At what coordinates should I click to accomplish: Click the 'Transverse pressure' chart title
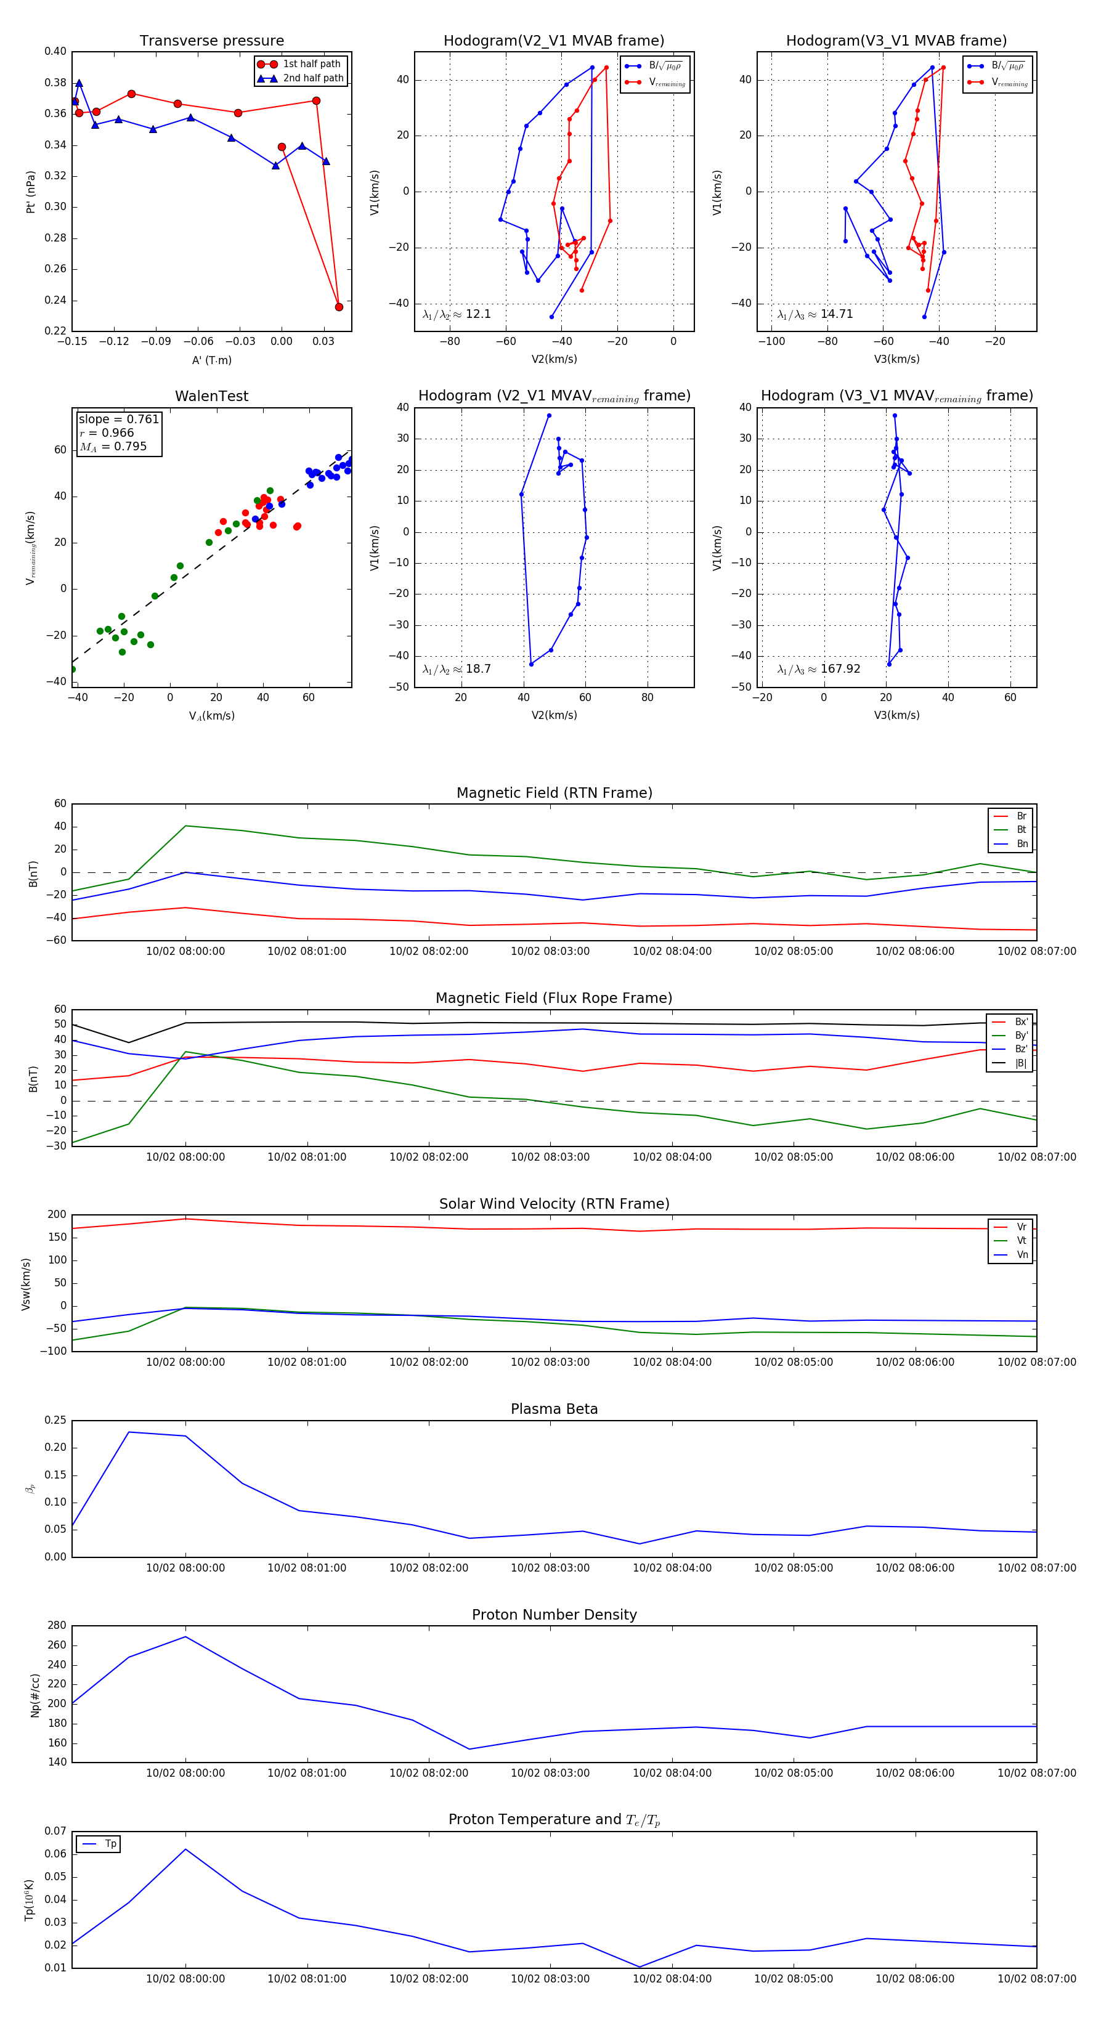coord(211,41)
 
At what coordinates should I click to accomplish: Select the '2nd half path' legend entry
coord(312,78)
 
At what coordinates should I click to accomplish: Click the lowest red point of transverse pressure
coord(339,307)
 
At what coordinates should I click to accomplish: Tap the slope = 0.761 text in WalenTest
coord(118,419)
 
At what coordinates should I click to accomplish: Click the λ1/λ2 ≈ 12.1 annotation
coord(456,314)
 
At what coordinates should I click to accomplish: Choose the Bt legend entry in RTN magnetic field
coord(1021,829)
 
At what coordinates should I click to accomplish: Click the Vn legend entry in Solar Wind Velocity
coord(1022,1255)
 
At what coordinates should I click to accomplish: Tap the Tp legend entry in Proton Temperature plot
coord(110,1844)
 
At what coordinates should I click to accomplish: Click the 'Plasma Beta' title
coord(554,1409)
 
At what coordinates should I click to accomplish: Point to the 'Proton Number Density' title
coord(554,1615)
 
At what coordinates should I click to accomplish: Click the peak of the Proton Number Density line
coord(185,1637)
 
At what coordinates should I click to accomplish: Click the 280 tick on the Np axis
coord(57,1626)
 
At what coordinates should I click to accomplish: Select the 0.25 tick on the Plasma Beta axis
coord(55,1420)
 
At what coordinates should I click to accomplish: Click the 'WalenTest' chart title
coord(211,396)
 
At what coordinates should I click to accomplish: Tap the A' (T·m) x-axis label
coord(211,360)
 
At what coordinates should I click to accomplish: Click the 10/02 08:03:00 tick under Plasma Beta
coord(550,1568)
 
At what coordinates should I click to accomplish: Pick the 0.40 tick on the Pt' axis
coord(55,51)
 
